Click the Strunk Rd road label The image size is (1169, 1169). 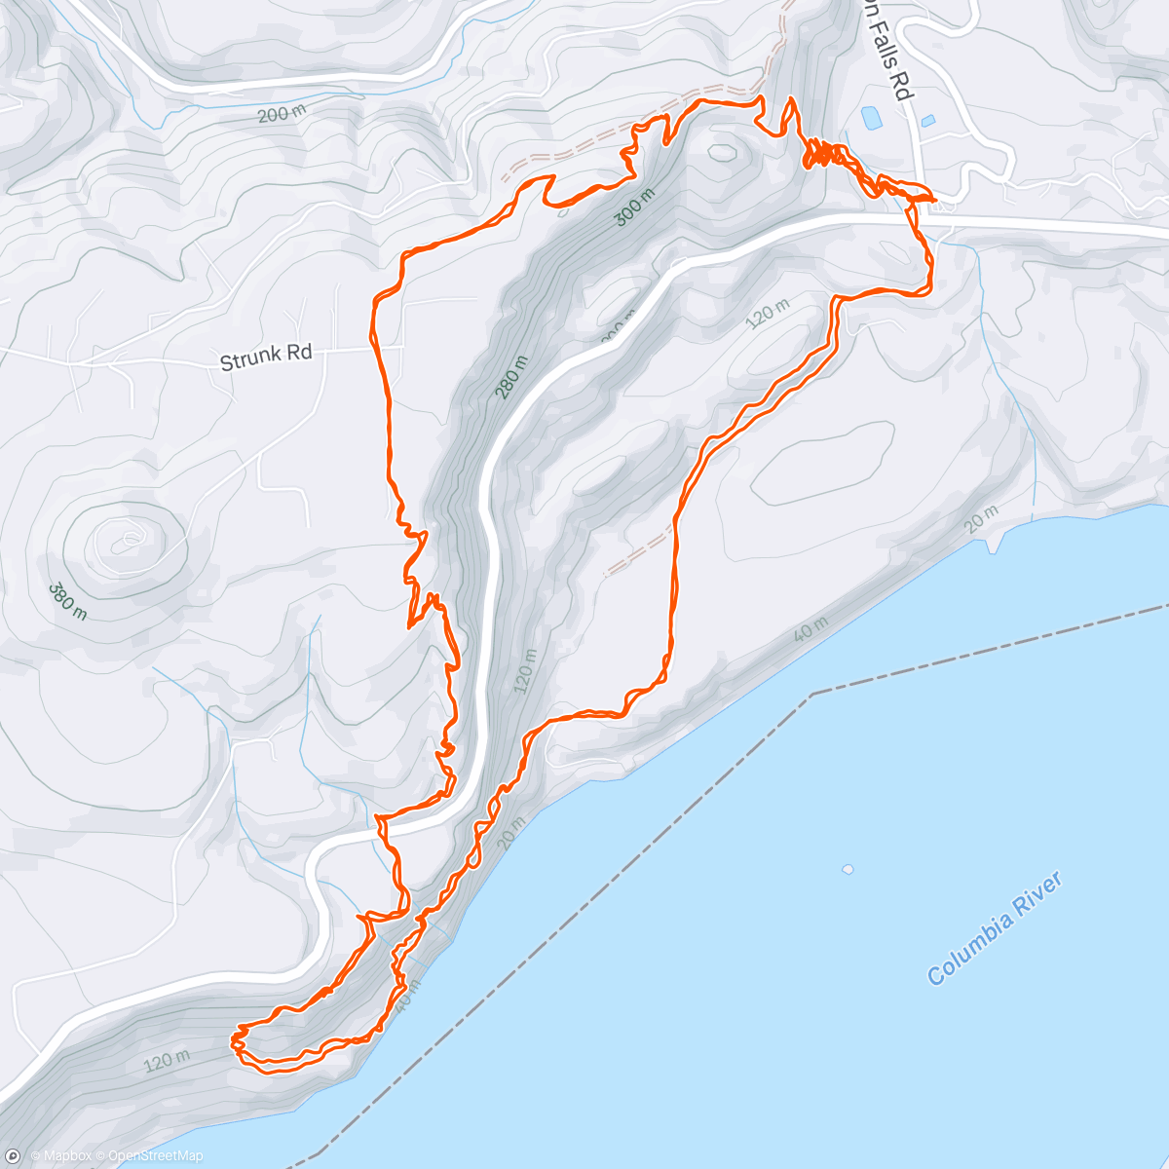266,357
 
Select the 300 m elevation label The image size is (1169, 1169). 633,208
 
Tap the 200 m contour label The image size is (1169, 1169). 282,114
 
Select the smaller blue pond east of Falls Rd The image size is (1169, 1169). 927,121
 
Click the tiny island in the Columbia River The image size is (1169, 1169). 848,869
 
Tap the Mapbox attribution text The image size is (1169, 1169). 61,1156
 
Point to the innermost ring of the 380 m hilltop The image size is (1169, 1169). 127,539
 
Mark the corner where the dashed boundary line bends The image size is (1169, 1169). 811,695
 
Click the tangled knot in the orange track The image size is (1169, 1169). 823,155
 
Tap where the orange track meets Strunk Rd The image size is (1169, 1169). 374,343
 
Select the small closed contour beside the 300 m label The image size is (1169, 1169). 723,151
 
